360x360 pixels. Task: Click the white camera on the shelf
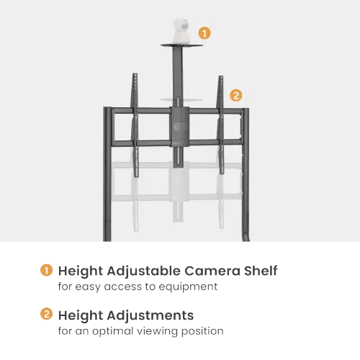(x=181, y=31)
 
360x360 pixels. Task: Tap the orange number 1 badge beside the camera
(x=204, y=33)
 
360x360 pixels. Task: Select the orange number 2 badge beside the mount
(x=236, y=95)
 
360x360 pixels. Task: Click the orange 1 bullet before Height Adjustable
(x=46, y=270)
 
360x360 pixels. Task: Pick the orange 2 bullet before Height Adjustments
(x=46, y=314)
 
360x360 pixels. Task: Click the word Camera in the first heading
(x=212, y=271)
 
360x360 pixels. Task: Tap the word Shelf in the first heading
(x=261, y=271)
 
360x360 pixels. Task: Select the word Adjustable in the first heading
(x=144, y=271)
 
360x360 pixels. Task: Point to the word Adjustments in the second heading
(x=150, y=315)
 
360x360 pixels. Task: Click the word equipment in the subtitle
(x=188, y=287)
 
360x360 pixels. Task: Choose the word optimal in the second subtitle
(x=113, y=331)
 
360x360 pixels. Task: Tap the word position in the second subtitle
(x=202, y=331)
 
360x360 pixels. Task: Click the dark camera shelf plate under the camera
(x=181, y=45)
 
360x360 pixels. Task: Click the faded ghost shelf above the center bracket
(x=181, y=99)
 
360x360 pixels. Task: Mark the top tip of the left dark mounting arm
(x=135, y=73)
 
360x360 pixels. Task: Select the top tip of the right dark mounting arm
(x=221, y=76)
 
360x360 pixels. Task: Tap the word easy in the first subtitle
(x=88, y=287)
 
